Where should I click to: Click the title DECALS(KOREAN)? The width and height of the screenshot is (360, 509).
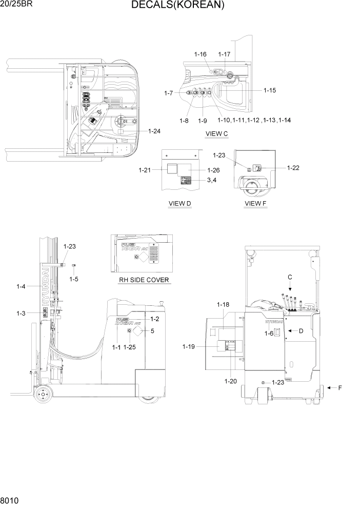[x=177, y=6]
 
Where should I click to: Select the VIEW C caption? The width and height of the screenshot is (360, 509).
[x=216, y=134]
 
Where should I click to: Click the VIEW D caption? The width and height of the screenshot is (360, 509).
[x=180, y=204]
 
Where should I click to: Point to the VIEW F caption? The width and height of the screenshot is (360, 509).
[x=255, y=204]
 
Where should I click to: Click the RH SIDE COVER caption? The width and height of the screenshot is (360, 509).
[x=143, y=280]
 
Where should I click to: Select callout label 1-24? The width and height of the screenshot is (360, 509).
[x=154, y=131]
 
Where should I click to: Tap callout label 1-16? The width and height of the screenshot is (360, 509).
[x=200, y=54]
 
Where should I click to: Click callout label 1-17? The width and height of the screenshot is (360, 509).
[x=224, y=54]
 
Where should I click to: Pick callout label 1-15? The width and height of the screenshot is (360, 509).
[x=270, y=90]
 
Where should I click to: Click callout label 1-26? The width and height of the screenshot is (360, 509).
[x=213, y=170]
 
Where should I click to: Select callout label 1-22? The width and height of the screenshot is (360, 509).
[x=293, y=167]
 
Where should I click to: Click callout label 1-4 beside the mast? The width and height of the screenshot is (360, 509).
[x=21, y=287]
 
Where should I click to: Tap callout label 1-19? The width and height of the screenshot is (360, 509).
[x=189, y=347]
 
